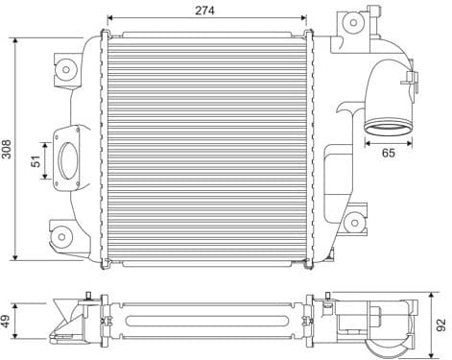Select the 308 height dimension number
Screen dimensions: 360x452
pyautogui.click(x=8, y=150)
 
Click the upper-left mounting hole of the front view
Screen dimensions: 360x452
pyautogui.click(x=66, y=68)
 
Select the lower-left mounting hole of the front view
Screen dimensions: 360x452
pyautogui.click(x=61, y=235)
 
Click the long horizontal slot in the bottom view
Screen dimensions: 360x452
pyautogui.click(x=204, y=318)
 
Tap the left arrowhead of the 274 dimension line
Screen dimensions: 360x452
pyautogui.click(x=108, y=18)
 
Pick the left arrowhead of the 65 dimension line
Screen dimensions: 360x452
pyautogui.click(x=366, y=141)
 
